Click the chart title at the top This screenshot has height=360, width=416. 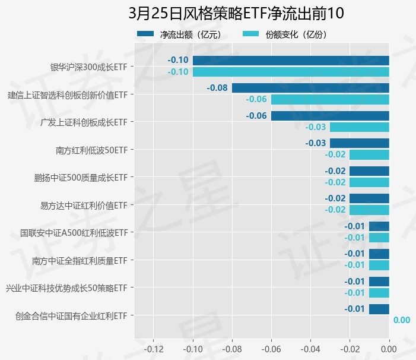(x=236, y=13)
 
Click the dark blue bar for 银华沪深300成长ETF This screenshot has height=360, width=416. (x=291, y=60)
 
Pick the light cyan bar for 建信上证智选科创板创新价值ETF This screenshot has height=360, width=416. (x=330, y=99)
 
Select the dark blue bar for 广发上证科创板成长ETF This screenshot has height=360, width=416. (x=330, y=115)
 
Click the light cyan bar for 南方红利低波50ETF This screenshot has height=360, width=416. (x=369, y=154)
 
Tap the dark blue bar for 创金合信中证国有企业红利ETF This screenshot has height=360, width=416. (x=379, y=309)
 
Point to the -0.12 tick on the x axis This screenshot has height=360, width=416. (x=153, y=348)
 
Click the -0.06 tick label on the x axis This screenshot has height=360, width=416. (x=271, y=348)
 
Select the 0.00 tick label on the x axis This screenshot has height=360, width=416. (x=389, y=348)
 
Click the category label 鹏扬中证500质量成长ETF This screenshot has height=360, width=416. (x=82, y=177)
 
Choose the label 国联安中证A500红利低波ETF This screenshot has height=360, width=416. (x=74, y=232)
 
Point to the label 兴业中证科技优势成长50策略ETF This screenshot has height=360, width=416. (x=66, y=288)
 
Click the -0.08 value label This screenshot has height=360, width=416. (x=217, y=88)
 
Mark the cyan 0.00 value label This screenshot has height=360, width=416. (x=401, y=320)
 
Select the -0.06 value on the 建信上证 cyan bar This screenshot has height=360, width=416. (x=256, y=99)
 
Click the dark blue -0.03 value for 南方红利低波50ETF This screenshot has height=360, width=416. (x=315, y=143)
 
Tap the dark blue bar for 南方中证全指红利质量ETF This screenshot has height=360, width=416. (x=379, y=254)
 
